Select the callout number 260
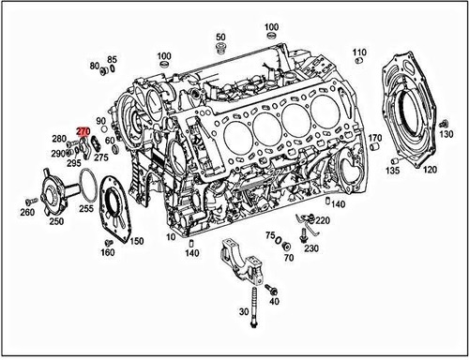pos(26,212)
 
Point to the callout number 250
pos(56,221)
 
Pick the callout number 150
pos(137,242)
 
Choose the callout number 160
pos(108,252)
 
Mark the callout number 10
pos(172,238)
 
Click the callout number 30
pos(244,311)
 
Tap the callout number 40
pos(274,303)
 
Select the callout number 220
pos(323,221)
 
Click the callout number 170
pos(374,139)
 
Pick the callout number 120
pos(430,170)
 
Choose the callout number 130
pos(447,137)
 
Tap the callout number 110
pos(359,52)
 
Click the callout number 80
pos(94,67)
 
